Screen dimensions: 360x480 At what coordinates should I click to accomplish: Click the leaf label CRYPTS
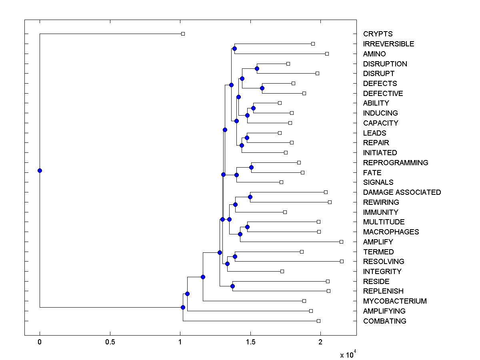378,34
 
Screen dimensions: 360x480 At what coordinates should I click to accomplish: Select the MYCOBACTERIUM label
395,301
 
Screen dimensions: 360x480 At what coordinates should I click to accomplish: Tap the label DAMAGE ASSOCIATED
402,192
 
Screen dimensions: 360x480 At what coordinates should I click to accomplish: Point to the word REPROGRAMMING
396,163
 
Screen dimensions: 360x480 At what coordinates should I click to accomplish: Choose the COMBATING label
384,321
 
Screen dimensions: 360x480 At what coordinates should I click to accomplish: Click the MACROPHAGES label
391,232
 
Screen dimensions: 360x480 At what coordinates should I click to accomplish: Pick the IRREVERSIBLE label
388,44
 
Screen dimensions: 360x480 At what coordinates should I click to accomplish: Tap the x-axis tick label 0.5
110,342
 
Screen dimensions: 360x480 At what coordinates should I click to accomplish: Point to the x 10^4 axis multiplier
347,355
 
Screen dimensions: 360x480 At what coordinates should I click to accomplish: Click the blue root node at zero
40,170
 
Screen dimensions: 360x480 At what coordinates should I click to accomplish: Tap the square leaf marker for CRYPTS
183,34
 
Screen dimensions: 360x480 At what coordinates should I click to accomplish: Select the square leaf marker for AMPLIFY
341,242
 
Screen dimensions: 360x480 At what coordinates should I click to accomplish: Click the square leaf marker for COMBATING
318,321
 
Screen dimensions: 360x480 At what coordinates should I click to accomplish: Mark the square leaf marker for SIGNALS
281,182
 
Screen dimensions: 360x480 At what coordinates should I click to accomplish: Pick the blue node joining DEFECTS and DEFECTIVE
262,88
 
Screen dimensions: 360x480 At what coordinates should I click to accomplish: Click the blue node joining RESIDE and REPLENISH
232,286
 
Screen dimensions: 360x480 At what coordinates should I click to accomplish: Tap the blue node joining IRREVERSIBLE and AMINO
234,48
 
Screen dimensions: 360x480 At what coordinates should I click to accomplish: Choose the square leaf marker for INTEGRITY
282,271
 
